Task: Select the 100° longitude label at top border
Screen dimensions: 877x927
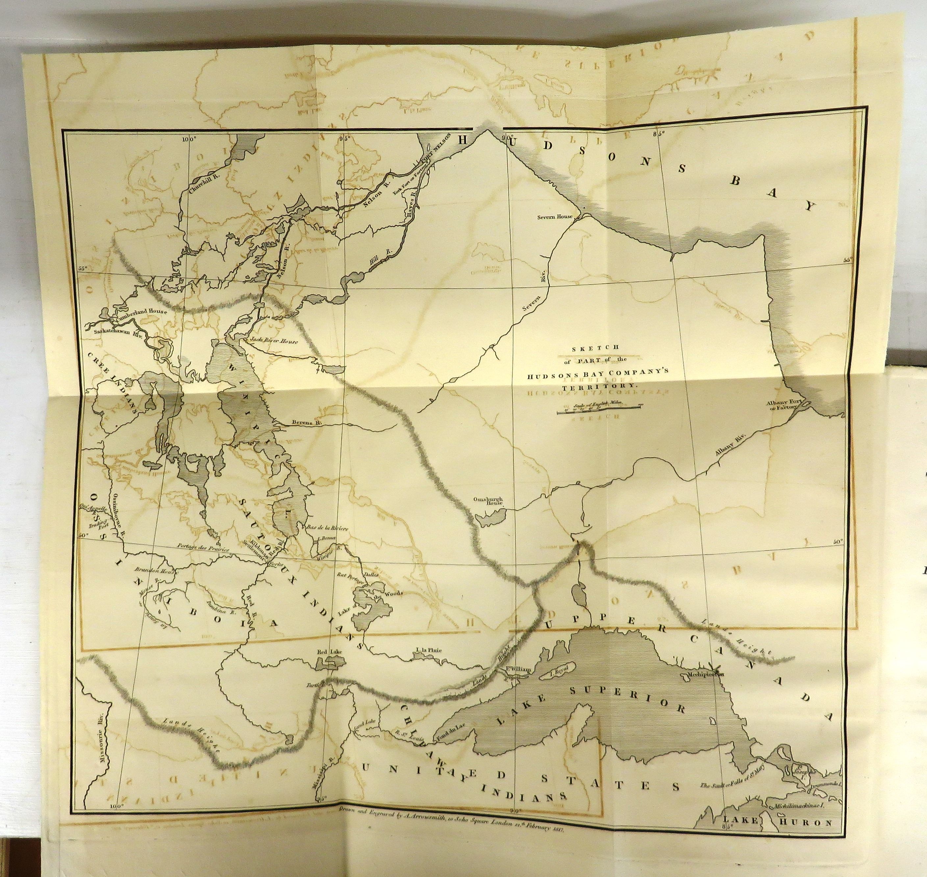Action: click(189, 138)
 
